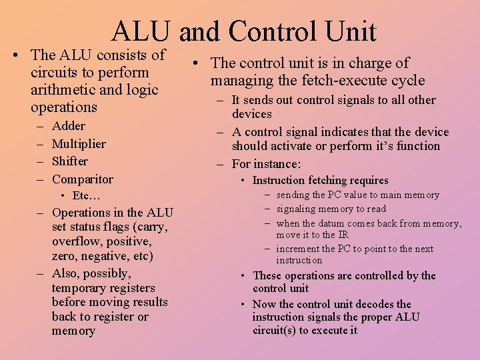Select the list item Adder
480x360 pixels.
pyautogui.click(x=69, y=126)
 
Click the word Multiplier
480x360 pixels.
pyautogui.click(x=79, y=144)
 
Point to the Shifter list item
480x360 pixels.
pyautogui.click(x=70, y=161)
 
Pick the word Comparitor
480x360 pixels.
pyautogui.click(x=83, y=179)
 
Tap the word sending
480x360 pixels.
pyautogui.click(x=293, y=195)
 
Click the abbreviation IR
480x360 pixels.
pyautogui.click(x=343, y=235)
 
